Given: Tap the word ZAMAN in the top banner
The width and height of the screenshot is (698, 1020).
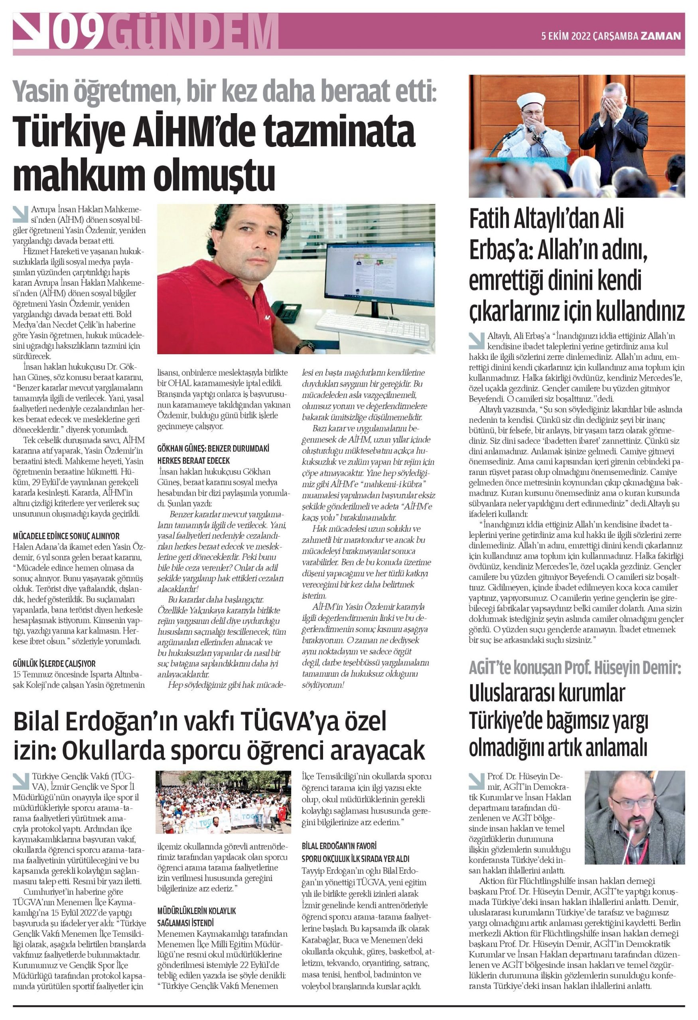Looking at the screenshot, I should click(661, 36).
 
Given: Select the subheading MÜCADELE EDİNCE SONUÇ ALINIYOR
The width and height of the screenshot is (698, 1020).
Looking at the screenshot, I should click(66, 536).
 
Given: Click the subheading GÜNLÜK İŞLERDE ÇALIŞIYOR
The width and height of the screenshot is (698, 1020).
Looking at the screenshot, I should click(54, 664).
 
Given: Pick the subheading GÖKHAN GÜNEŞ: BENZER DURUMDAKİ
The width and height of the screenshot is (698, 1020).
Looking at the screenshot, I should click(213, 449).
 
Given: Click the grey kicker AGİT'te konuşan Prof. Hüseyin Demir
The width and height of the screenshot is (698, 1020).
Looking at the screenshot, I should click(575, 667).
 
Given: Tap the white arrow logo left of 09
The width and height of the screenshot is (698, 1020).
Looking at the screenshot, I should click(32, 31).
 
